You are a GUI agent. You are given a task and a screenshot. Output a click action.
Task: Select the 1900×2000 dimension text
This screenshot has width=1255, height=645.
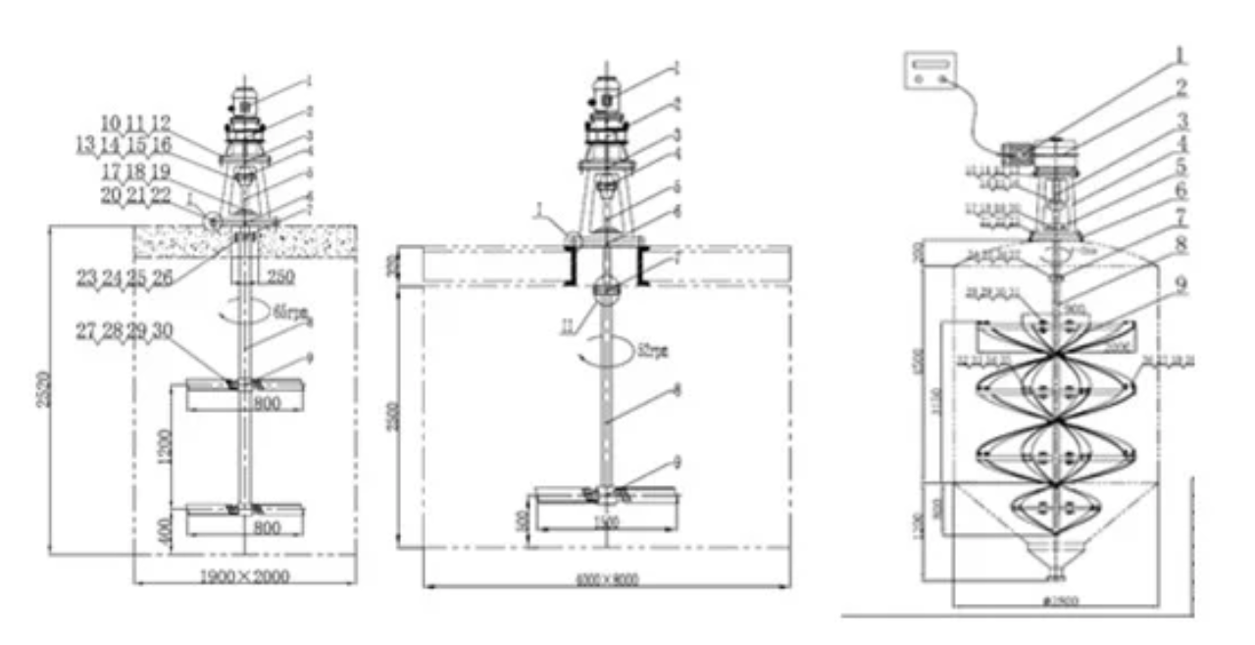click(245, 576)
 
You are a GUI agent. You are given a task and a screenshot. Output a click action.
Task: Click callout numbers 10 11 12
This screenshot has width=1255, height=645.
click(136, 124)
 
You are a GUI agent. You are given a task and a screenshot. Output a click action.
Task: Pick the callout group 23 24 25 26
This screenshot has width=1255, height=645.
click(124, 278)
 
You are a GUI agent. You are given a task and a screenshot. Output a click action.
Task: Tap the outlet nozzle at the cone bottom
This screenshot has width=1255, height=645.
click(1055, 571)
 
